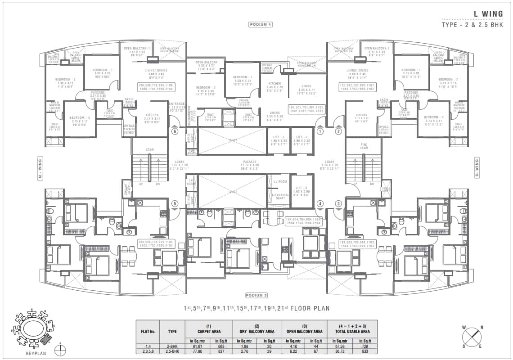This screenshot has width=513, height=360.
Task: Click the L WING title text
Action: (488, 13)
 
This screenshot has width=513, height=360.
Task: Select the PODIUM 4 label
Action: (260, 24)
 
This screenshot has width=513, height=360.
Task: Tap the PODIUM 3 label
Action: (256, 295)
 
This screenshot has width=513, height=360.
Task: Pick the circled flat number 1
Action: (320, 132)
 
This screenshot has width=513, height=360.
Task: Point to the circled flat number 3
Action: (338, 204)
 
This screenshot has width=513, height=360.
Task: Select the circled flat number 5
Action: (175, 204)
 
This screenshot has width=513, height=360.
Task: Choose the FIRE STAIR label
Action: (364, 147)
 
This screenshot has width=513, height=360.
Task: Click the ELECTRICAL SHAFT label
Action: (280, 196)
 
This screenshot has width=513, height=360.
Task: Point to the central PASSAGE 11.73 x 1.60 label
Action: (249, 164)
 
